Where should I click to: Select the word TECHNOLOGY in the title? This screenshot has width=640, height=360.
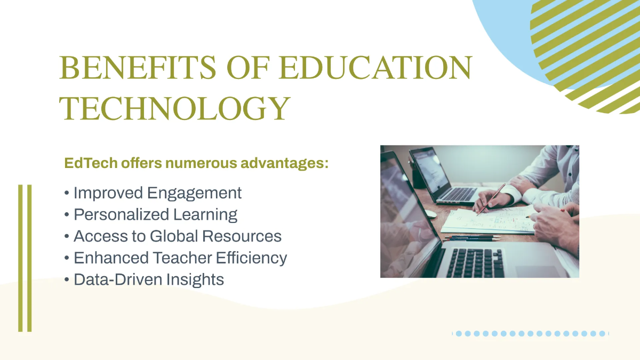pyautogui.click(x=174, y=108)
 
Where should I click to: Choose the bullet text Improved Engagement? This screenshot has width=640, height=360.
pyautogui.click(x=157, y=193)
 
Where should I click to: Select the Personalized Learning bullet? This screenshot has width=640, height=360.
pyautogui.click(x=155, y=215)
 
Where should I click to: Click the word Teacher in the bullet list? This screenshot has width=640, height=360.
pyautogui.click(x=181, y=258)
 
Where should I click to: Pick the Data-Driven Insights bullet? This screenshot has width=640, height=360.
pyautogui.click(x=149, y=279)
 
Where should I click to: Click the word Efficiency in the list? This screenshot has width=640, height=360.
pyautogui.click(x=251, y=258)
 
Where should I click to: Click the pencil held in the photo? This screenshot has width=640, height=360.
pyautogui.click(x=491, y=198)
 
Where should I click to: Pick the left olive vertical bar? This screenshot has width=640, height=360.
pyautogui.click(x=21, y=258)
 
